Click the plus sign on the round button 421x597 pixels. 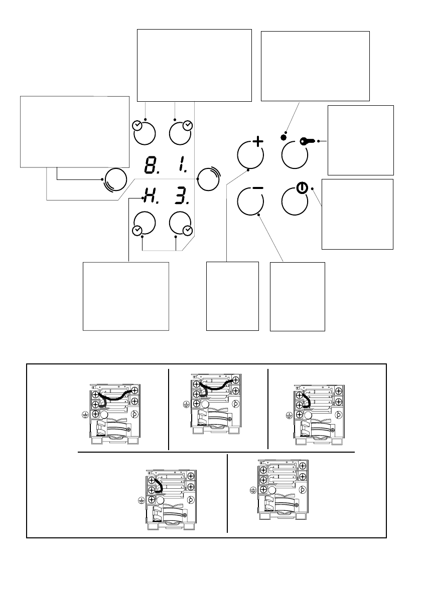tap(257, 142)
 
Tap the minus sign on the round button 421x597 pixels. tap(257, 188)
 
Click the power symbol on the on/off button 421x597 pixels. tap(301, 188)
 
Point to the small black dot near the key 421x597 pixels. tap(284, 137)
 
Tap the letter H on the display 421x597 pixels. tap(149, 195)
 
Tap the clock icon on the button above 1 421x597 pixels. tap(188, 125)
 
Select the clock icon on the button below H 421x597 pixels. tap(136, 231)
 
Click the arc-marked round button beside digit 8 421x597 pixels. tap(115, 179)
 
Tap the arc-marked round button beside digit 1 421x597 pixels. tap(207, 179)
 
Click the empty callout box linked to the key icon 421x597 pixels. tap(360, 139)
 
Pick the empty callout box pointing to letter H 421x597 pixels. tap(125, 296)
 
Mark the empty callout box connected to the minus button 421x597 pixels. tap(297, 296)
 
